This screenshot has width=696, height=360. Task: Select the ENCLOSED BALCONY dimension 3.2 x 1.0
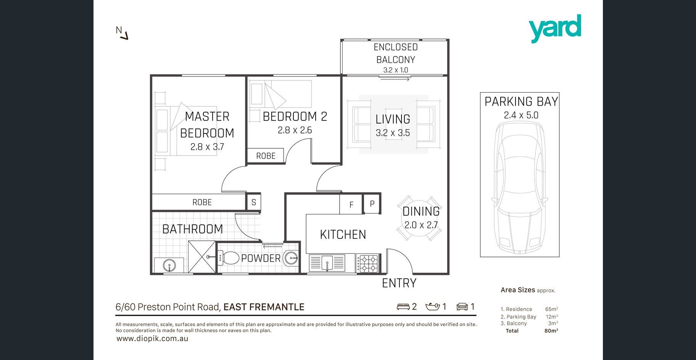click(x=396, y=70)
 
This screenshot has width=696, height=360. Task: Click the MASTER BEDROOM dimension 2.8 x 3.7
click(x=207, y=147)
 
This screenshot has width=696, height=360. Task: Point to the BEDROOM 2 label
click(x=295, y=116)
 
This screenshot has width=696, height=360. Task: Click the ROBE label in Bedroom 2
click(x=266, y=156)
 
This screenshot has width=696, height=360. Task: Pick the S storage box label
click(x=254, y=202)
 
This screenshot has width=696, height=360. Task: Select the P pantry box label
click(x=372, y=204)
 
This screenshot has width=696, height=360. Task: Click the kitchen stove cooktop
click(x=367, y=264)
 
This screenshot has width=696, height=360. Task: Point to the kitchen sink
click(x=327, y=263)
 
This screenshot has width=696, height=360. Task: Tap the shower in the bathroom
click(x=202, y=257)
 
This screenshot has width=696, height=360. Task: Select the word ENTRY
click(x=399, y=283)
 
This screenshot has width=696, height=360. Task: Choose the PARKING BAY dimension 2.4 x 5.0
click(x=521, y=115)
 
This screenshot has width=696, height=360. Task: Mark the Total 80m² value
click(x=551, y=331)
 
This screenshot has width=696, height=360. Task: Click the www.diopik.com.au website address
click(x=152, y=339)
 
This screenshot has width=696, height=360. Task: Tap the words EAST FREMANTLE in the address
click(x=264, y=307)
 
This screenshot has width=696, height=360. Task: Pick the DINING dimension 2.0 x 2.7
click(x=421, y=225)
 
